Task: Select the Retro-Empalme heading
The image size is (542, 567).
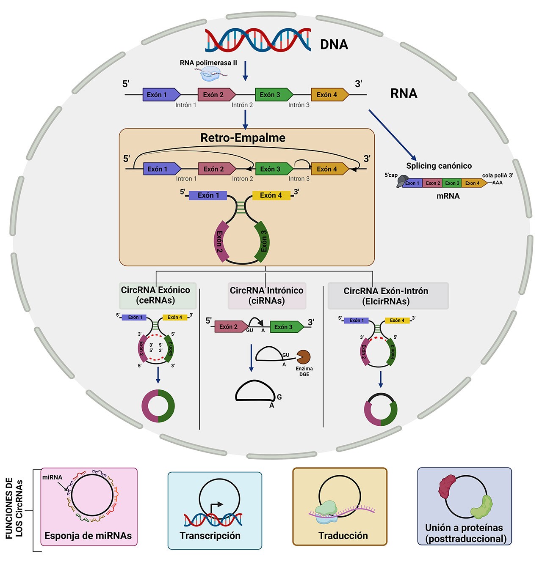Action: point(243,138)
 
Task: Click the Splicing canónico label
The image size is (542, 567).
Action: point(439,166)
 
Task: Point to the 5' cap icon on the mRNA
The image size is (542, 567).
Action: point(402,181)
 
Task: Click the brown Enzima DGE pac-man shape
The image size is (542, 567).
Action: point(303,357)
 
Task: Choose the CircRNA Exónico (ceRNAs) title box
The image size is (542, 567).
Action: point(155,295)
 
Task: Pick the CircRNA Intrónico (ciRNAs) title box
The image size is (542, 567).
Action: point(266,296)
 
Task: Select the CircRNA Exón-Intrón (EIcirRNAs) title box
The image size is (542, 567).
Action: point(386,296)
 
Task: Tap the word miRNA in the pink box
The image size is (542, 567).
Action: point(52,477)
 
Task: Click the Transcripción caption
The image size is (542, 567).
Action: point(210,536)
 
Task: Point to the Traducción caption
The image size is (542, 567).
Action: point(343,536)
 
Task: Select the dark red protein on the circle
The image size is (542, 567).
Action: point(447,486)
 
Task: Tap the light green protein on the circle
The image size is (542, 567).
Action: point(482,507)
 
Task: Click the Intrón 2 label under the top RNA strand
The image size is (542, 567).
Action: point(242,105)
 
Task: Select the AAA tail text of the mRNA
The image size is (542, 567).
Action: point(498,183)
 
